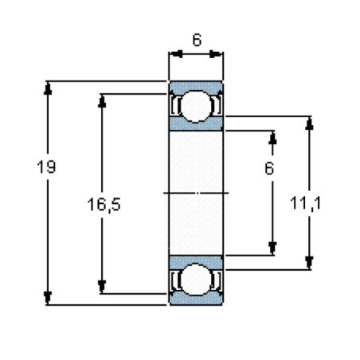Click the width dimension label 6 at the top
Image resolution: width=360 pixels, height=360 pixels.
pos(196,39)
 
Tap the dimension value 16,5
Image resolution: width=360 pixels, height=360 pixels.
pos(104,205)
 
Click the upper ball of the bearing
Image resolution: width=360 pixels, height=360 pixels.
pos(196,108)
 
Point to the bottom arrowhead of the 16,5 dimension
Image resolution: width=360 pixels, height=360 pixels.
pos(102,286)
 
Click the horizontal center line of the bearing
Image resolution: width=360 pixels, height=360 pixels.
pos(196,193)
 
